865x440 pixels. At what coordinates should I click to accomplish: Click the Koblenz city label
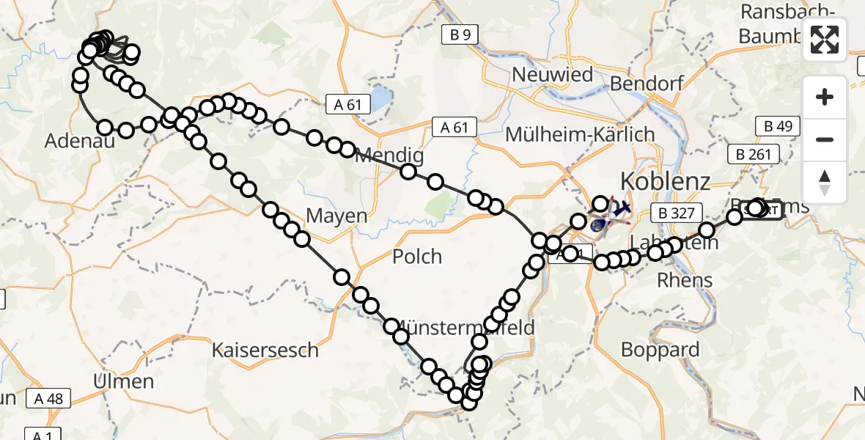pyautogui.click(x=666, y=181)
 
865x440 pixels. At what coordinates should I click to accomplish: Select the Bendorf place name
pyautogui.click(x=647, y=83)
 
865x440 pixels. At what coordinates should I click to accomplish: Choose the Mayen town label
pyautogui.click(x=336, y=216)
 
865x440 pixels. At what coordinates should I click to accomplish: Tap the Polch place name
pyautogui.click(x=417, y=256)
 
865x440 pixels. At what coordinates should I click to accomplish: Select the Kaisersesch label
pyautogui.click(x=265, y=350)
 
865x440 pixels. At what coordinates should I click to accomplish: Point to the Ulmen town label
pyautogui.click(x=124, y=381)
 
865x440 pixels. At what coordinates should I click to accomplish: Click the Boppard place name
pyautogui.click(x=660, y=349)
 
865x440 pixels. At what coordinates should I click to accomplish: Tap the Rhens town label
pyautogui.click(x=685, y=279)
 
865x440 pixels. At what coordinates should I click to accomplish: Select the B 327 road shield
pyautogui.click(x=672, y=213)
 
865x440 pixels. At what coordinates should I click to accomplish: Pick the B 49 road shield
pyautogui.click(x=778, y=126)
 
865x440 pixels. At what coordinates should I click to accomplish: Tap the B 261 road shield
pyautogui.click(x=749, y=153)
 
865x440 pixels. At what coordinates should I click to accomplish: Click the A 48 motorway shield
pyautogui.click(x=48, y=398)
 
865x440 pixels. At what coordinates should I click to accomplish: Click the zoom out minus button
pyautogui.click(x=825, y=139)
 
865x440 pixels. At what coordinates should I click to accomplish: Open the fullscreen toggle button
pyautogui.click(x=825, y=40)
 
